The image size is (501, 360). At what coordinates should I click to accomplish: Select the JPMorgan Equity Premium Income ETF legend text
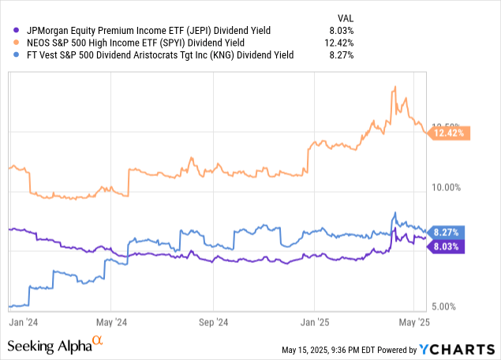(149, 30)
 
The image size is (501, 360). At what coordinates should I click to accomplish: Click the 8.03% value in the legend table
(340, 30)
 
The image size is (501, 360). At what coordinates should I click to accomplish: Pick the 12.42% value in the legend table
(338, 43)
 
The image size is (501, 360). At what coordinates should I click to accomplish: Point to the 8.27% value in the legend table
(340, 55)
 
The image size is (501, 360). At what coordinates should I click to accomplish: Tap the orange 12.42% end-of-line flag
(451, 133)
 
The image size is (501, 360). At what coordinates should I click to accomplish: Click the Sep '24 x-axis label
(211, 322)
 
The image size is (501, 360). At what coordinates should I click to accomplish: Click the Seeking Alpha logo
(55, 345)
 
